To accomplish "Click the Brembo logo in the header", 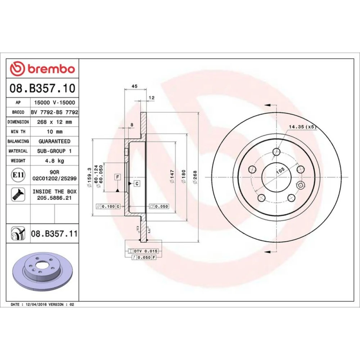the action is pos(42,69).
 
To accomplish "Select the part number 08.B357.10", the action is pos(42,88).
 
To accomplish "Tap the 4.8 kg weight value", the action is pos(54,161).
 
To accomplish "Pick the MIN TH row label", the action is pos(18,132).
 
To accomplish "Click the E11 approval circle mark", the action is pos(18,175).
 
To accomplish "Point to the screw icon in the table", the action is pos(18,194).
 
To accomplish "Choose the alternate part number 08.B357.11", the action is pos(54,234).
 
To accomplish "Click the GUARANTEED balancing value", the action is pos(54,141).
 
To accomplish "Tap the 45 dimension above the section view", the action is pos(135,86).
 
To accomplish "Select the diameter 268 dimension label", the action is pos(195,177).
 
